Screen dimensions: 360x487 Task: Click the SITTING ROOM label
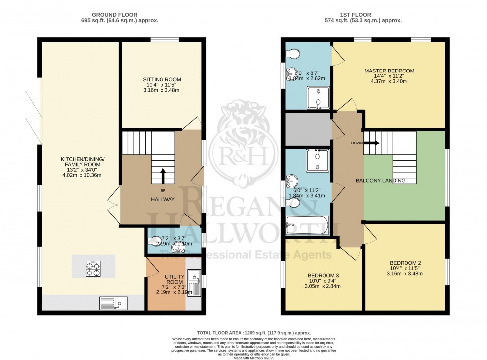click(162, 79)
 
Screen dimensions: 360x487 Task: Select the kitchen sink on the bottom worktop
click(113, 303)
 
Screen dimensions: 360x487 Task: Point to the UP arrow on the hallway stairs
click(163, 175)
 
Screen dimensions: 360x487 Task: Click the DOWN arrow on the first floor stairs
click(372, 143)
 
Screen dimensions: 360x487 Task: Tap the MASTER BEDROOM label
click(389, 71)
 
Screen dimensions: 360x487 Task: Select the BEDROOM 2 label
click(405, 263)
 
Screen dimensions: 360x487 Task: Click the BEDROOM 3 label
click(323, 275)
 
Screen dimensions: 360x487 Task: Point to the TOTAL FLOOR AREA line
click(243, 333)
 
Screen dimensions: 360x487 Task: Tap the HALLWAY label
click(163, 199)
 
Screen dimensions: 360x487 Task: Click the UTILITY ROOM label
click(175, 279)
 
